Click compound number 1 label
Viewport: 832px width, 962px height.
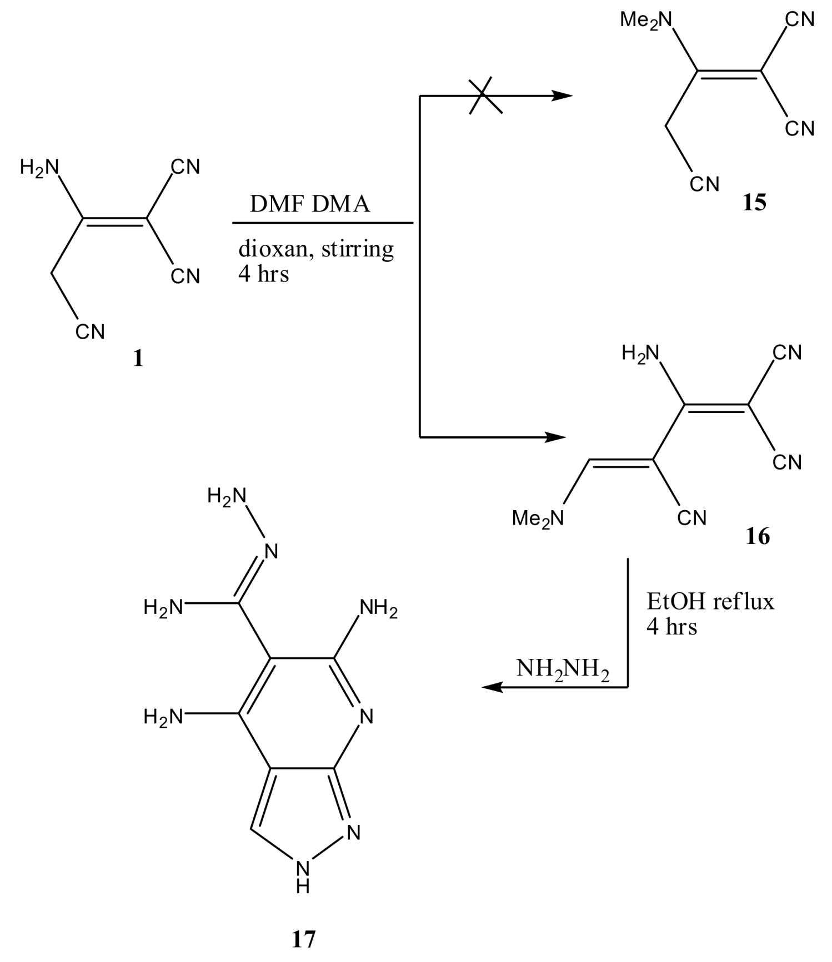click(138, 359)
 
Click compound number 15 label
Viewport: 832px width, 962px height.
click(754, 203)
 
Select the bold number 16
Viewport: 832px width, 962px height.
click(758, 536)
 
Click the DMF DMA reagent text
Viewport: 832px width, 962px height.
click(309, 204)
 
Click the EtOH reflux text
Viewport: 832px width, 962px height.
click(710, 601)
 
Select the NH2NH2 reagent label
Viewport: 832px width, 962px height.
click(563, 668)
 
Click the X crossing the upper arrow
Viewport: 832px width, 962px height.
click(485, 96)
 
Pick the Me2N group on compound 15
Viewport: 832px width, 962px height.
click(646, 20)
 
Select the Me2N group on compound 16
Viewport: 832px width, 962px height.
click(538, 518)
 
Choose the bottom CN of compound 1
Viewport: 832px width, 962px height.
click(90, 332)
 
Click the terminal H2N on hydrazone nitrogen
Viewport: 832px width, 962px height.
click(226, 496)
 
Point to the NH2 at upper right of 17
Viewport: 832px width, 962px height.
click(378, 607)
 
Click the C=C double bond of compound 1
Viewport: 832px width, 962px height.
click(114, 220)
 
